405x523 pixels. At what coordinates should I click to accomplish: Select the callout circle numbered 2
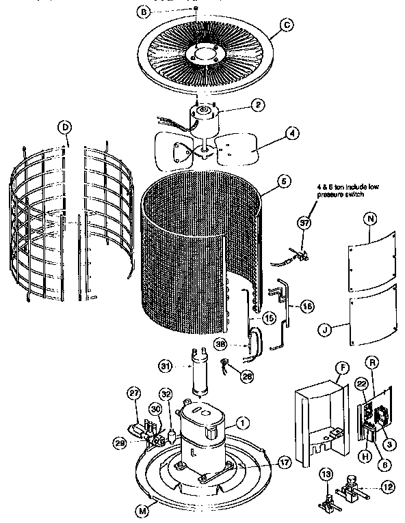click(257, 104)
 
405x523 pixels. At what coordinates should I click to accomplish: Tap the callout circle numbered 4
click(291, 134)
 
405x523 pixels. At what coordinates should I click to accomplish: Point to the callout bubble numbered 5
click(281, 182)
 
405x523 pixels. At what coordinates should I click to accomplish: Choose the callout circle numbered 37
click(303, 223)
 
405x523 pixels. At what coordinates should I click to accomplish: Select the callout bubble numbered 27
click(134, 393)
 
